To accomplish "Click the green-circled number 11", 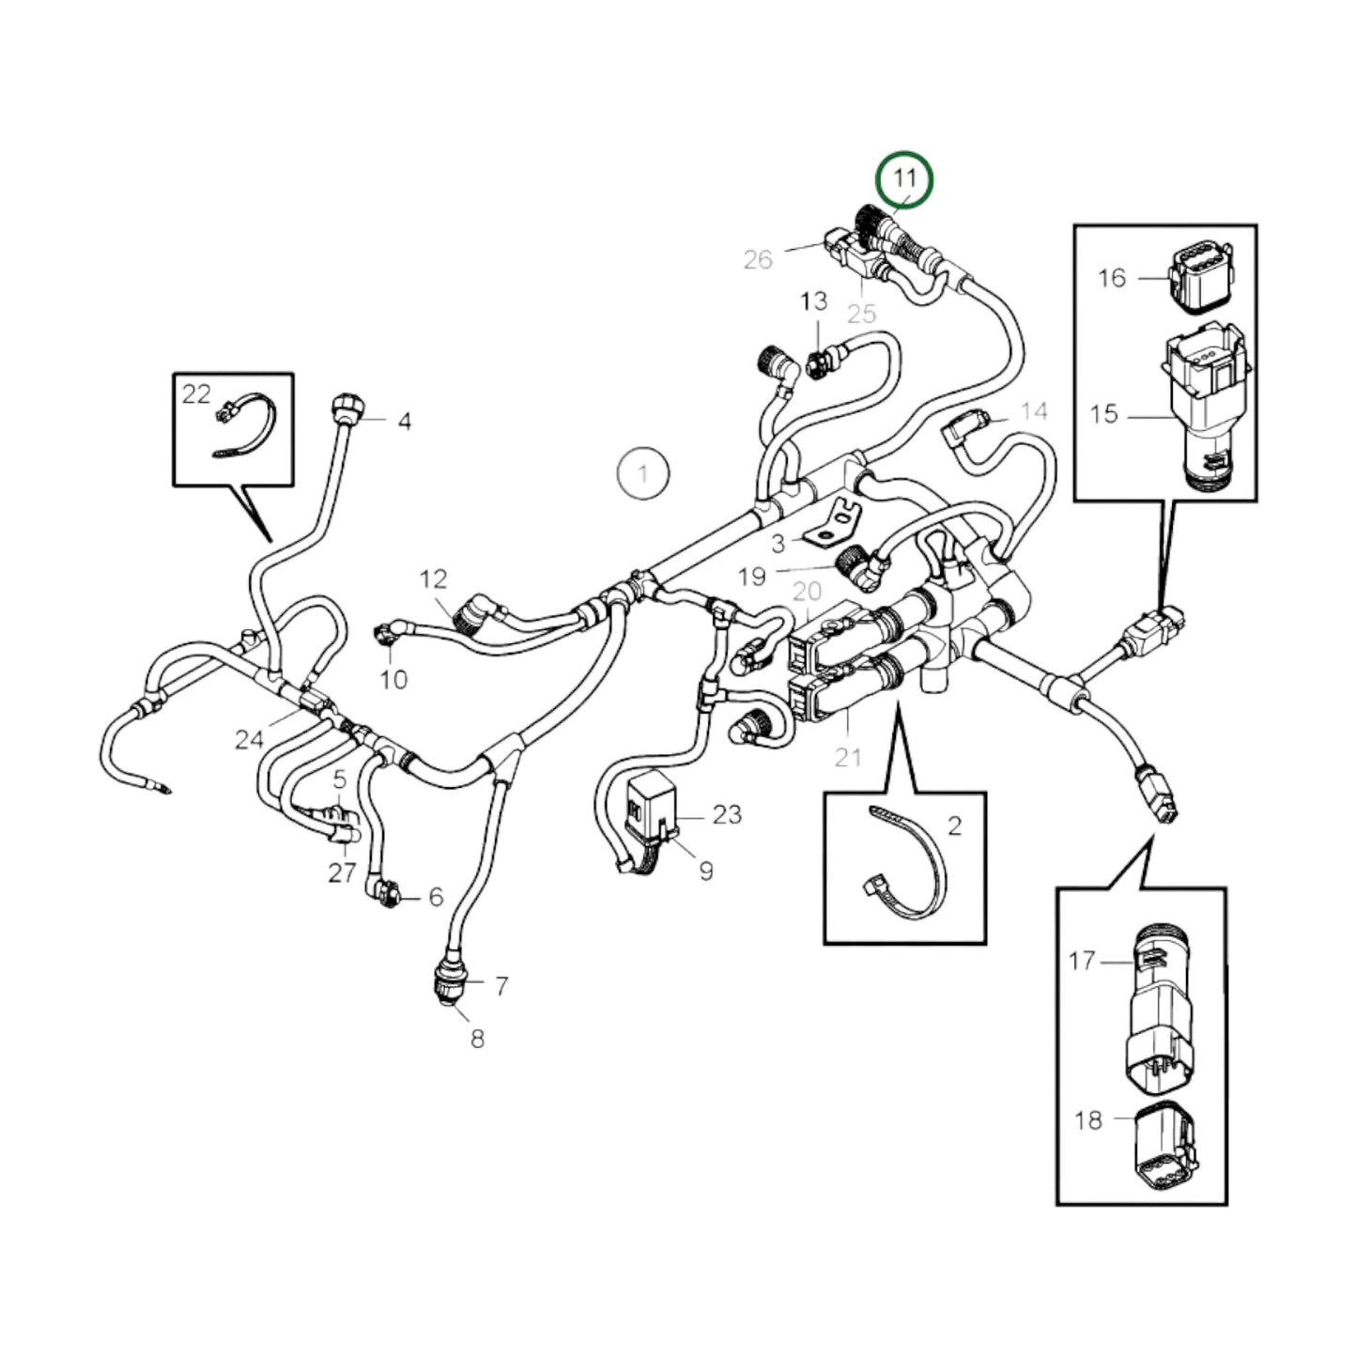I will tap(904, 179).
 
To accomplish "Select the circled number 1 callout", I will tap(642, 473).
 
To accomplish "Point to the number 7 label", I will tap(501, 986).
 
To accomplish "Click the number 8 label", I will tap(477, 1039).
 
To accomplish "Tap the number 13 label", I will tap(813, 301).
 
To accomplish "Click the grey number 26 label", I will tap(758, 259).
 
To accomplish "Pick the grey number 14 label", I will tap(1033, 411).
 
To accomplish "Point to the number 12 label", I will tap(433, 579).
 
